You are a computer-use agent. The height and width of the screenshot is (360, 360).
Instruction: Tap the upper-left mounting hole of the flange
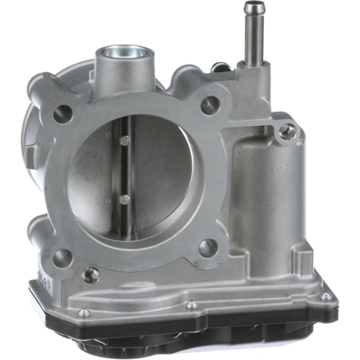64,113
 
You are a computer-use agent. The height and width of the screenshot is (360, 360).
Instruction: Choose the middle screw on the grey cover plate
191,305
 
